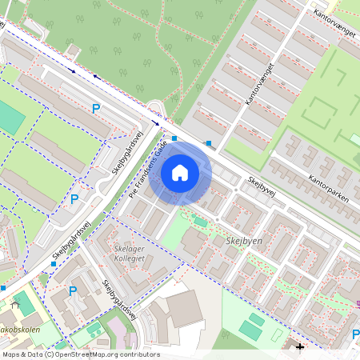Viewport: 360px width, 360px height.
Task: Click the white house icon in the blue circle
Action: click(x=180, y=173)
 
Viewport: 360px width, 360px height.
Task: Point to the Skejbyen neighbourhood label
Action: click(x=244, y=241)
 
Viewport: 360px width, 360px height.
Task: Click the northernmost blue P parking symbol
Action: click(x=97, y=108)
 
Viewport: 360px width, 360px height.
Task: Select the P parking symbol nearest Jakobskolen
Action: click(x=73, y=290)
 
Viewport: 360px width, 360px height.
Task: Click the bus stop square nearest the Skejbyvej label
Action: click(x=209, y=143)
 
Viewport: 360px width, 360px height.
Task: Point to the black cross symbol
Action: click(x=300, y=347)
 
